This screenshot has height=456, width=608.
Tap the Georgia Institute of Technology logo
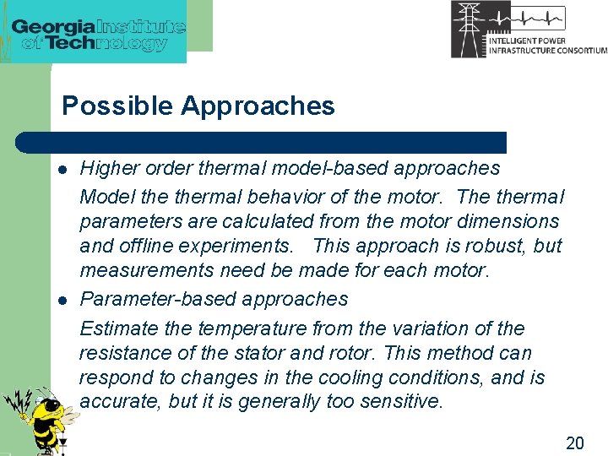point(98,31)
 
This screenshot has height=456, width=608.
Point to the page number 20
point(574,442)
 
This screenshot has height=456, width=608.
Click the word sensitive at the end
point(400,402)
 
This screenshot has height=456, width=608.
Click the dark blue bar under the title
point(262,142)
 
